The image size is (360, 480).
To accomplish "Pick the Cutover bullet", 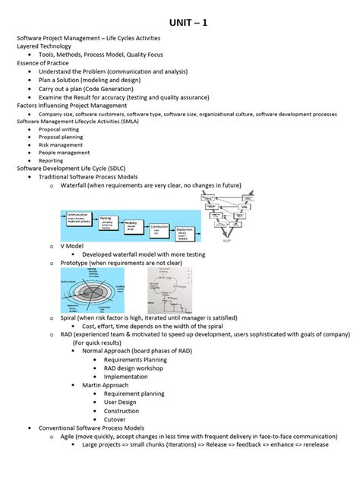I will (x=115, y=419).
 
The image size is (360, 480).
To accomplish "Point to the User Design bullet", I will (x=122, y=403).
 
